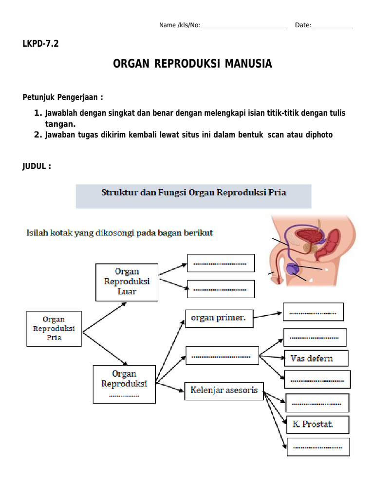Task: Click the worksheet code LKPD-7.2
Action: [x=41, y=44]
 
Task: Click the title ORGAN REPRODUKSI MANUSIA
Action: [x=192, y=64]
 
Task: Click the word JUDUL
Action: [x=35, y=166]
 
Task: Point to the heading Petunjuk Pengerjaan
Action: [x=62, y=97]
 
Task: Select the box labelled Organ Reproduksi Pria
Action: [x=54, y=328]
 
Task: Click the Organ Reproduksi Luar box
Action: [x=127, y=282]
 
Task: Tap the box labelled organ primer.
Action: [x=219, y=319]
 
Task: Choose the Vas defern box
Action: [x=316, y=358]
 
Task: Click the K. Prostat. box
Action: [x=318, y=424]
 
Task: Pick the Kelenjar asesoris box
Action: [x=224, y=390]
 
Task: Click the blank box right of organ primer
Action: [x=313, y=312]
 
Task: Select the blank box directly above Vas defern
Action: [x=315, y=337]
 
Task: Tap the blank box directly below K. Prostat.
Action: [x=318, y=446]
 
